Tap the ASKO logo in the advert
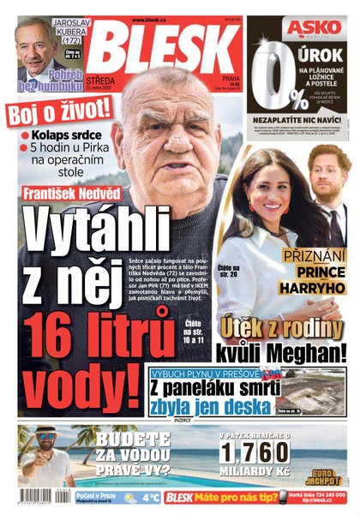[301, 27]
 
